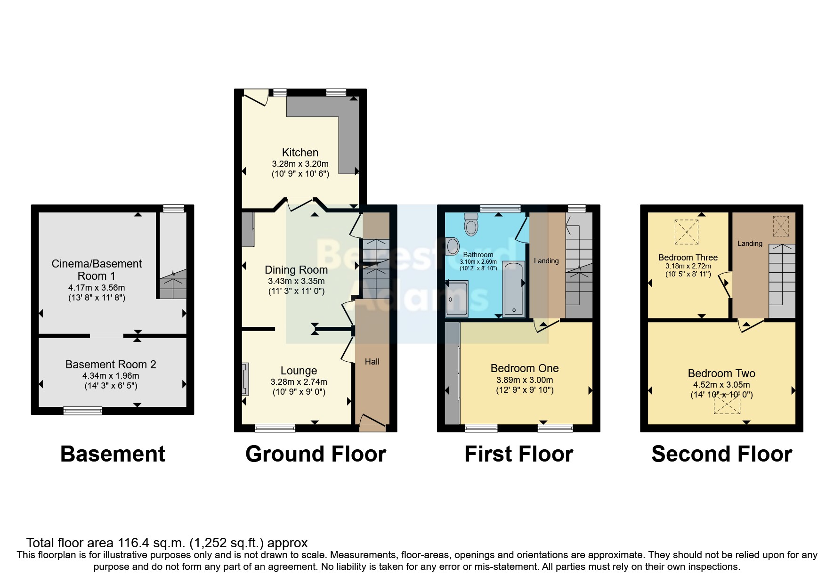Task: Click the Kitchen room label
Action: click(x=300, y=153)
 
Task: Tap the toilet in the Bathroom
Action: click(x=470, y=224)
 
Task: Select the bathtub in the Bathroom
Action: click(x=513, y=288)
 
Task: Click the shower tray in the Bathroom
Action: click(x=457, y=299)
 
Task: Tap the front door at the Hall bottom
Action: click(x=372, y=422)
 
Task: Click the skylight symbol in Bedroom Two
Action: click(x=727, y=405)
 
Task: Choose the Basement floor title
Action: click(x=113, y=454)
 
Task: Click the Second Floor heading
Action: click(x=721, y=454)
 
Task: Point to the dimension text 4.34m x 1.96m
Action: click(x=111, y=376)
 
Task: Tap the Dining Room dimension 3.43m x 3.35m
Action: click(x=296, y=281)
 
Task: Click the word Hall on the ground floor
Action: click(x=372, y=362)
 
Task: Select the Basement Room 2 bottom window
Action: click(x=83, y=411)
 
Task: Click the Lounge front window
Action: click(x=275, y=428)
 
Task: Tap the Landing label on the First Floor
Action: click(x=546, y=261)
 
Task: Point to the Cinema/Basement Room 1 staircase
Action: click(x=172, y=284)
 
